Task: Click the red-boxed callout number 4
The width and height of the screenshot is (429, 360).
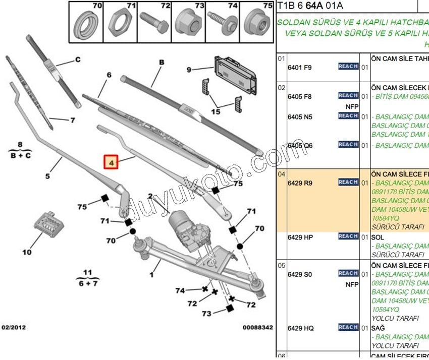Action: tap(111, 163)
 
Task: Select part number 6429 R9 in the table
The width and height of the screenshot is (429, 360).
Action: tap(300, 183)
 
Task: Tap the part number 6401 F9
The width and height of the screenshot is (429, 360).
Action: tap(300, 68)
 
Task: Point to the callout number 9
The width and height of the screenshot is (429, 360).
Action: tap(189, 70)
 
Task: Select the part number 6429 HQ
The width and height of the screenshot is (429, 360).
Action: tap(300, 328)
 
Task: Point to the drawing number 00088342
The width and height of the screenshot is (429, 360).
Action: tap(257, 328)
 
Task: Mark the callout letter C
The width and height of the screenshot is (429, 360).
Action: tap(78, 59)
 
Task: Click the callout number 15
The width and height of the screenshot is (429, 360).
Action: tap(216, 111)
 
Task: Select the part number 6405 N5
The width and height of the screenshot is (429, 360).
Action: tap(300, 117)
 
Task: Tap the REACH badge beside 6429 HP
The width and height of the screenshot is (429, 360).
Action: tap(348, 236)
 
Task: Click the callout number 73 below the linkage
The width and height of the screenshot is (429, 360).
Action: tap(206, 314)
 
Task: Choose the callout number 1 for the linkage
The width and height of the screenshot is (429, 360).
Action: tap(151, 275)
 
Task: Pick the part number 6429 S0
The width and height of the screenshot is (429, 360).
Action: tap(300, 274)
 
